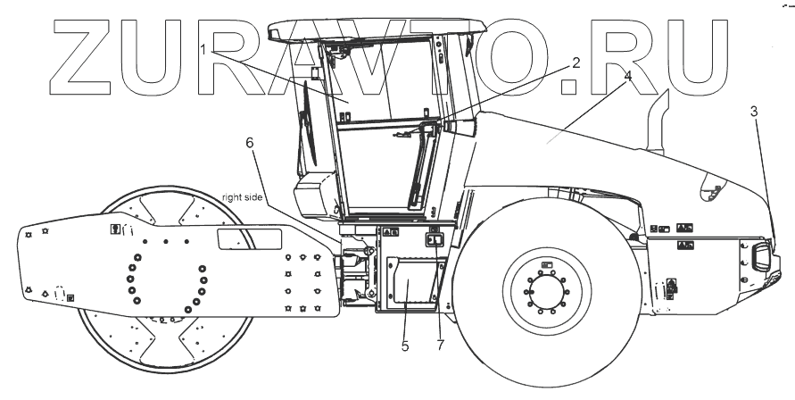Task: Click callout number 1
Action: [x=204, y=51]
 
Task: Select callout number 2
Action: [x=576, y=63]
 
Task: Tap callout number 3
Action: [x=754, y=112]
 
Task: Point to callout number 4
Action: [x=628, y=77]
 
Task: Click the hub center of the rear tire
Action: [x=546, y=290]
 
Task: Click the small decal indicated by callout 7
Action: [x=435, y=239]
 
